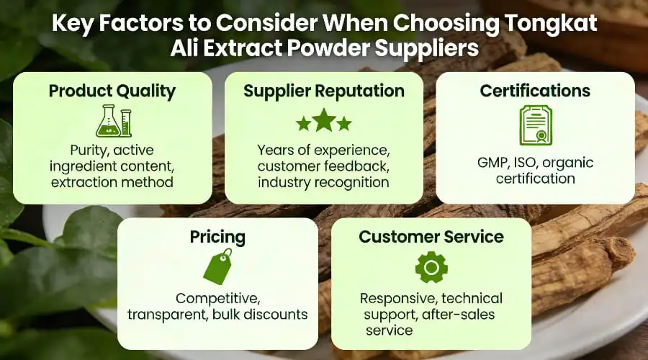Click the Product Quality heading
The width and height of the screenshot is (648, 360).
(x=112, y=91)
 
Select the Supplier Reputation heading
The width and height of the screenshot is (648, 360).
(x=323, y=91)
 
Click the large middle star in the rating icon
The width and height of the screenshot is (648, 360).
(x=324, y=120)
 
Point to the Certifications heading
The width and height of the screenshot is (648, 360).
(x=535, y=91)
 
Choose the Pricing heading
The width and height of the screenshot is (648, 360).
(x=217, y=237)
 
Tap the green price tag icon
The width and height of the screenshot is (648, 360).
(x=217, y=267)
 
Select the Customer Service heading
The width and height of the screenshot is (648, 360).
(x=431, y=237)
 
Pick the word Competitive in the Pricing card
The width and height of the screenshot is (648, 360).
(x=217, y=298)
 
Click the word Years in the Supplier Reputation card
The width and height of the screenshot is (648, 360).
(x=278, y=150)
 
